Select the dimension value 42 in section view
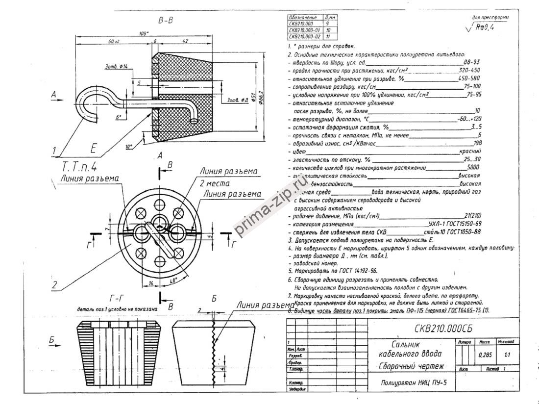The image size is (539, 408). point(185,42)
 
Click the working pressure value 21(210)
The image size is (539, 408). point(472,216)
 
